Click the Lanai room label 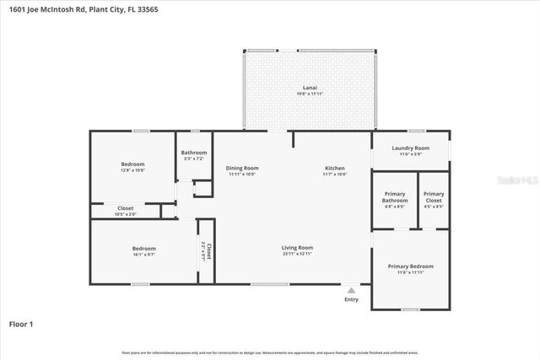pyautogui.click(x=309, y=87)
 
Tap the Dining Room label pyautogui.click(x=241, y=169)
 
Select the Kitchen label pyautogui.click(x=335, y=169)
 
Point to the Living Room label pyautogui.click(x=297, y=247)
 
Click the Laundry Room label pyautogui.click(x=410, y=148)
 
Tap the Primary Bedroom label pyautogui.click(x=410, y=266)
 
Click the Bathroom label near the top pyautogui.click(x=193, y=153)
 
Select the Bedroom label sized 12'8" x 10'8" pyautogui.click(x=132, y=164)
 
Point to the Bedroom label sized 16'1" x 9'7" pyautogui.click(x=143, y=248)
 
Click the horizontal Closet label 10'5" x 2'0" pyautogui.click(x=125, y=207)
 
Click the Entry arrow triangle pyautogui.click(x=351, y=289)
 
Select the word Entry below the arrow pyautogui.click(x=351, y=299)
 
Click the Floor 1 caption pyautogui.click(x=21, y=323)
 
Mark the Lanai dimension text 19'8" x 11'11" pyautogui.click(x=309, y=93)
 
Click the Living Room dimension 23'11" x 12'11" pyautogui.click(x=297, y=253)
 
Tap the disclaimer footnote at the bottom pyautogui.click(x=270, y=352)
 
